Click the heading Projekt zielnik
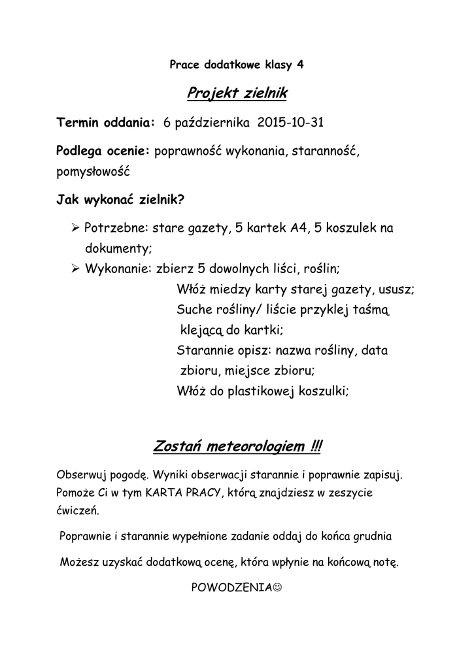pyautogui.click(x=237, y=94)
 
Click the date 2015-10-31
pyautogui.click(x=291, y=123)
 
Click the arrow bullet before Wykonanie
pyautogui.click(x=75, y=268)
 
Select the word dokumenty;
pyautogui.click(x=118, y=248)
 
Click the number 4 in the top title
pyautogui.click(x=300, y=65)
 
